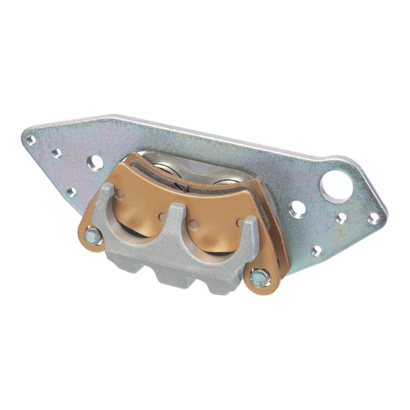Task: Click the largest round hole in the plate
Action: pos(336,186)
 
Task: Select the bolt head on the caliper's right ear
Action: pos(260,277)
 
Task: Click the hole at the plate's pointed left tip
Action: pos(31,139)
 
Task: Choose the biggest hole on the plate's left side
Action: pos(96,162)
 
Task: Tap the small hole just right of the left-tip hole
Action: pos(57,153)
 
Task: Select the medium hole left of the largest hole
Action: pos(298,209)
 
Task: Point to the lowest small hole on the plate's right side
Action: pos(317,250)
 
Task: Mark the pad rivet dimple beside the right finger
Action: pos(239,221)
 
